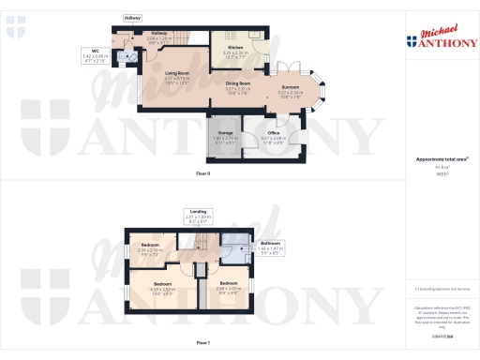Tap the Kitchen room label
coord(234,46)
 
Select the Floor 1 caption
coord(202,343)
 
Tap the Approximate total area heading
coord(440,160)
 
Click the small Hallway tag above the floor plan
coord(132,18)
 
